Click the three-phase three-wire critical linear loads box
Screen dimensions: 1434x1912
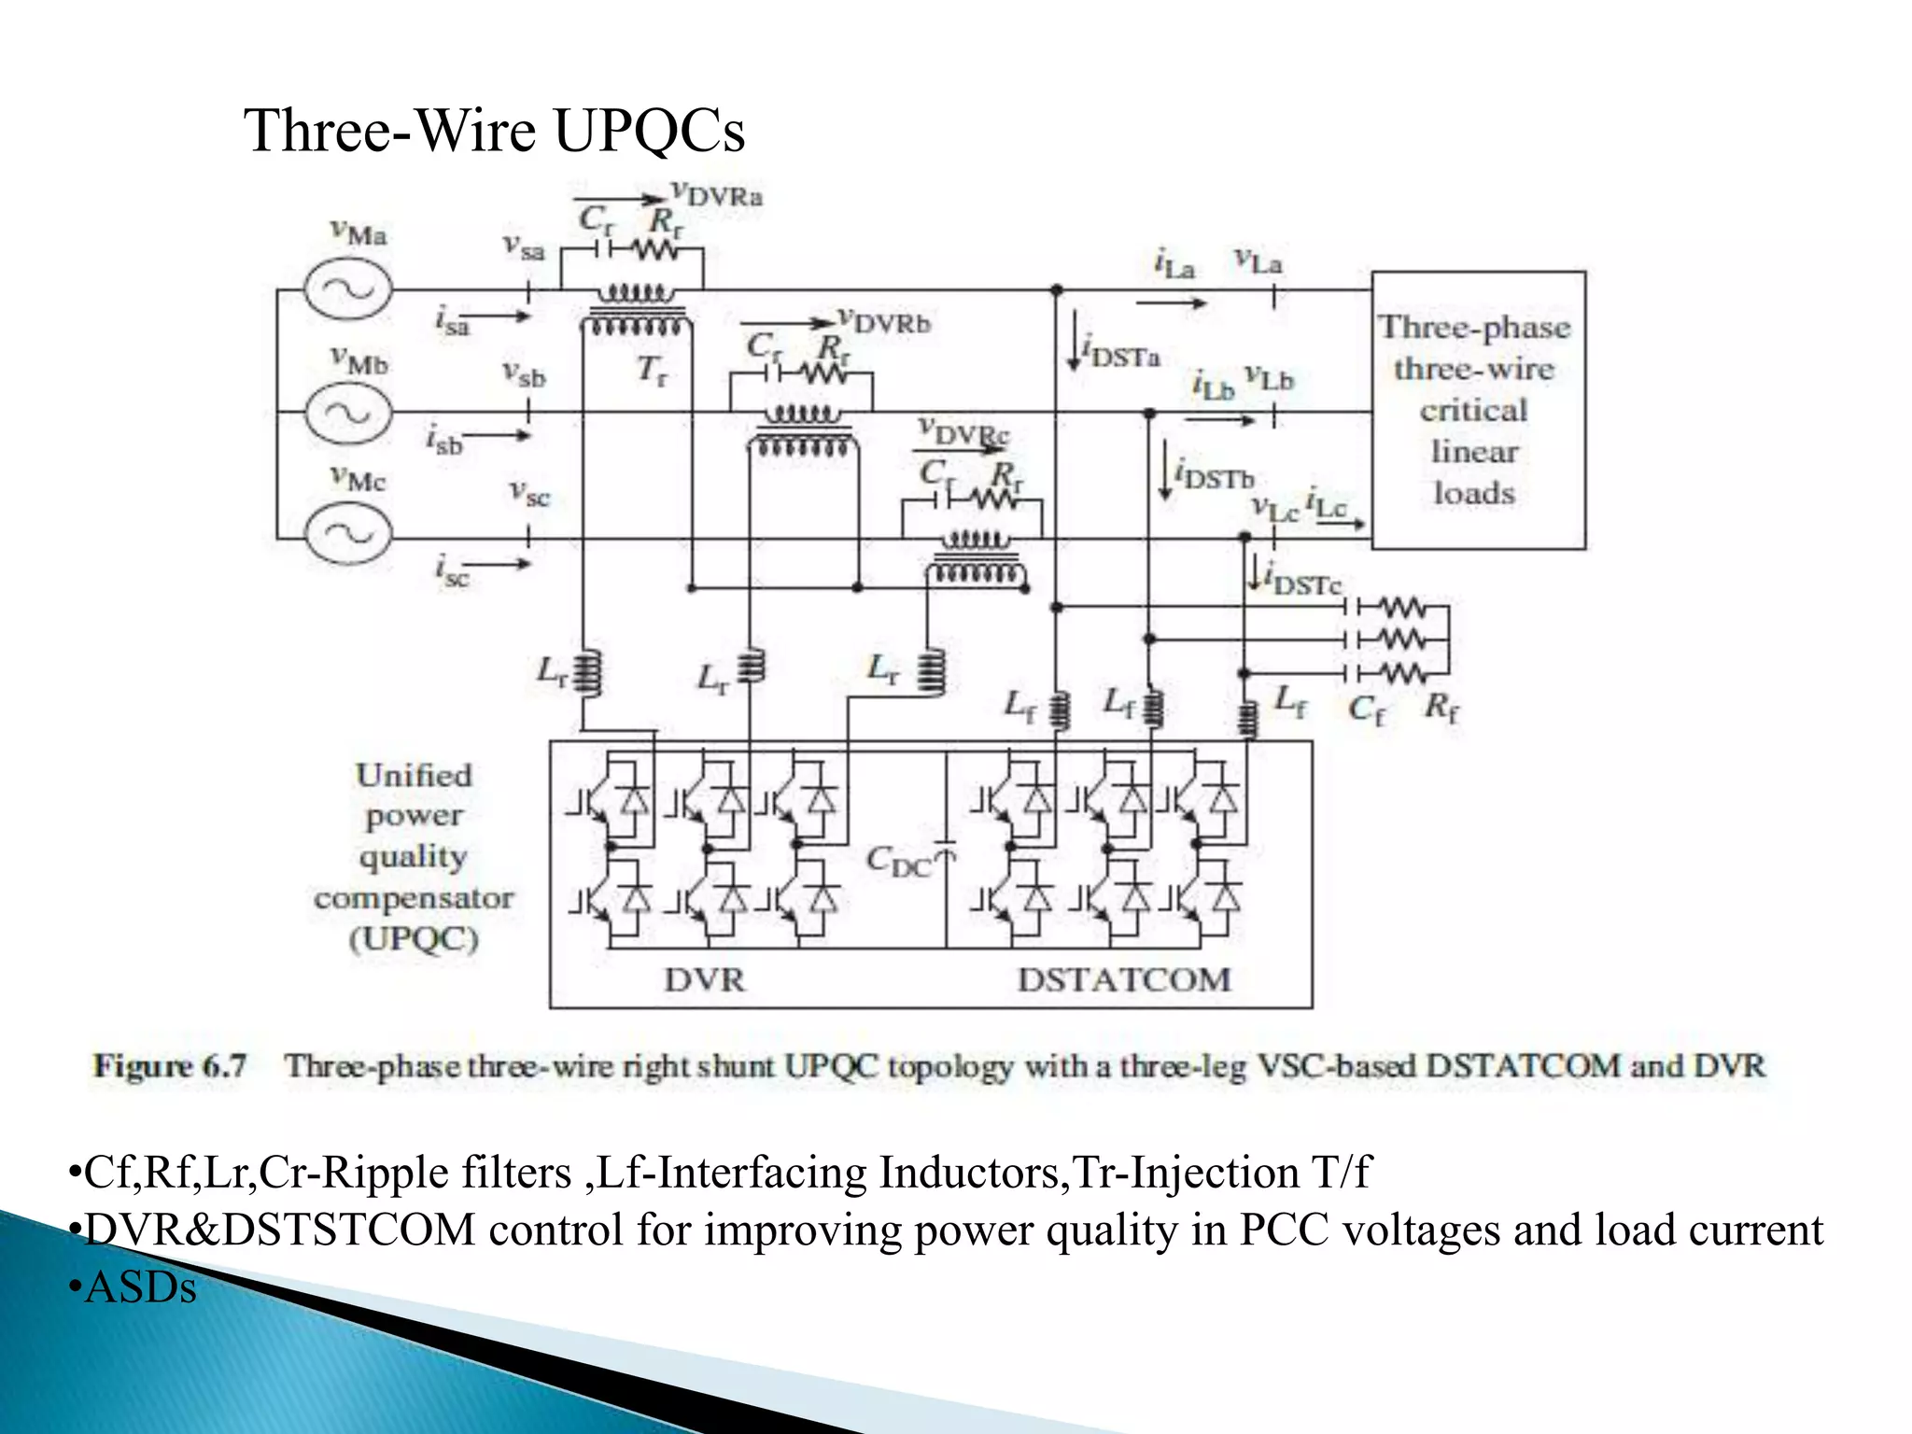[x=1477, y=410]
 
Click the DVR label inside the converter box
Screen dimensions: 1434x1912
[x=705, y=979]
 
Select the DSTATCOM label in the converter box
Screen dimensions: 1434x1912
[x=1124, y=979]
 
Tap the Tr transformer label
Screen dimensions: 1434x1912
[x=652, y=371]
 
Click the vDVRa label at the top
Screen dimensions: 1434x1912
[x=717, y=194]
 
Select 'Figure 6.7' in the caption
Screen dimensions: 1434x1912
[x=170, y=1065]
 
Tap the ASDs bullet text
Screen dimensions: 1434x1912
[x=140, y=1288]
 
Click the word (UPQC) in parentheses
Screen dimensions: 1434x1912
[x=414, y=938]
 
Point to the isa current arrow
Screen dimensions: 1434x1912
[x=499, y=316]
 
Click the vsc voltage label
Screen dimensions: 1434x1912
[x=529, y=492]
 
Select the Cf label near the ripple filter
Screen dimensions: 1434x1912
[x=1366, y=710]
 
